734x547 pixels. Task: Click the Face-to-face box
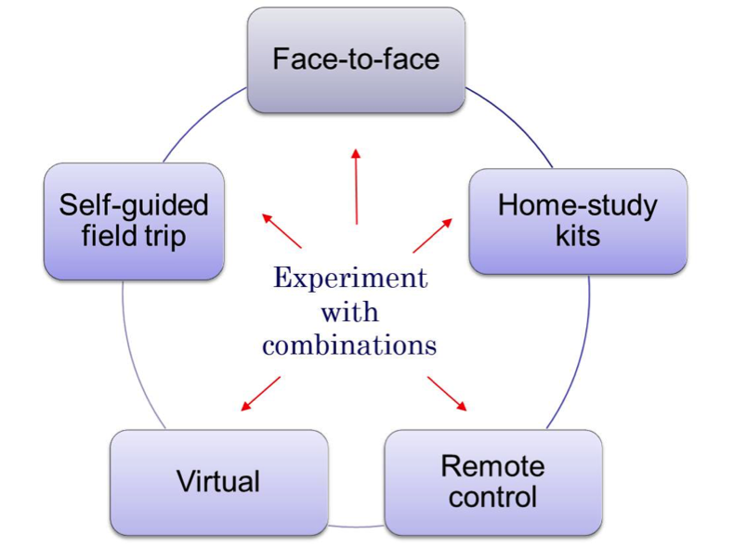pos(356,60)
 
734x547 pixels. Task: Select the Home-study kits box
pos(577,221)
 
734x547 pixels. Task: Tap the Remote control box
pos(492,481)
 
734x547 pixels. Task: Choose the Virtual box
pos(218,481)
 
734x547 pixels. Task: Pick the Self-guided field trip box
pos(134,221)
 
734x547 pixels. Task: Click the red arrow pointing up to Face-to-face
pos(356,186)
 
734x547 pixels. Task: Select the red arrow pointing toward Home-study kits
pos(432,236)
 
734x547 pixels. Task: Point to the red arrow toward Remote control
pos(447,393)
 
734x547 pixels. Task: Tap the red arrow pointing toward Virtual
pos(261,393)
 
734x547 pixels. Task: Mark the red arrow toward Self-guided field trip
pos(282,231)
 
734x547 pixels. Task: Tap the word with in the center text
pos(350,312)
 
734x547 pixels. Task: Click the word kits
pos(577,236)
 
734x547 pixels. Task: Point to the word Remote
pos(492,465)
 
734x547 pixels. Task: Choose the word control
pos(492,497)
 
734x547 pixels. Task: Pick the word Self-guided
pos(134,205)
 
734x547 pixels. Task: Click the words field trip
pos(134,236)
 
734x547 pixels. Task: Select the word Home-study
pos(577,205)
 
